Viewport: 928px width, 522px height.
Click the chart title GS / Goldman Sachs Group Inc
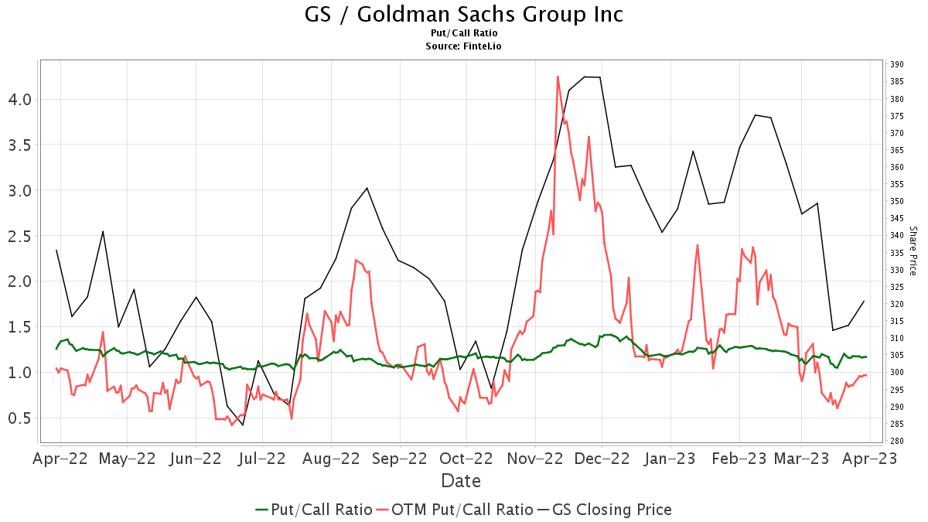[x=464, y=14]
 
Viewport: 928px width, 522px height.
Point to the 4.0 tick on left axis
[x=20, y=99]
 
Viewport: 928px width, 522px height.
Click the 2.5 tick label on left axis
[x=20, y=236]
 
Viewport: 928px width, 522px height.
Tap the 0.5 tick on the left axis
[x=20, y=418]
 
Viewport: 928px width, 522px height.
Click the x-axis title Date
[x=461, y=481]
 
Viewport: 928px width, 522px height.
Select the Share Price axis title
[x=913, y=251]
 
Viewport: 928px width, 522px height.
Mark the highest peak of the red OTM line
[x=558, y=77]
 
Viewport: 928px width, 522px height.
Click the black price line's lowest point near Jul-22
[x=242, y=425]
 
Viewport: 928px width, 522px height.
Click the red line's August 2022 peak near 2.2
[x=355, y=260]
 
